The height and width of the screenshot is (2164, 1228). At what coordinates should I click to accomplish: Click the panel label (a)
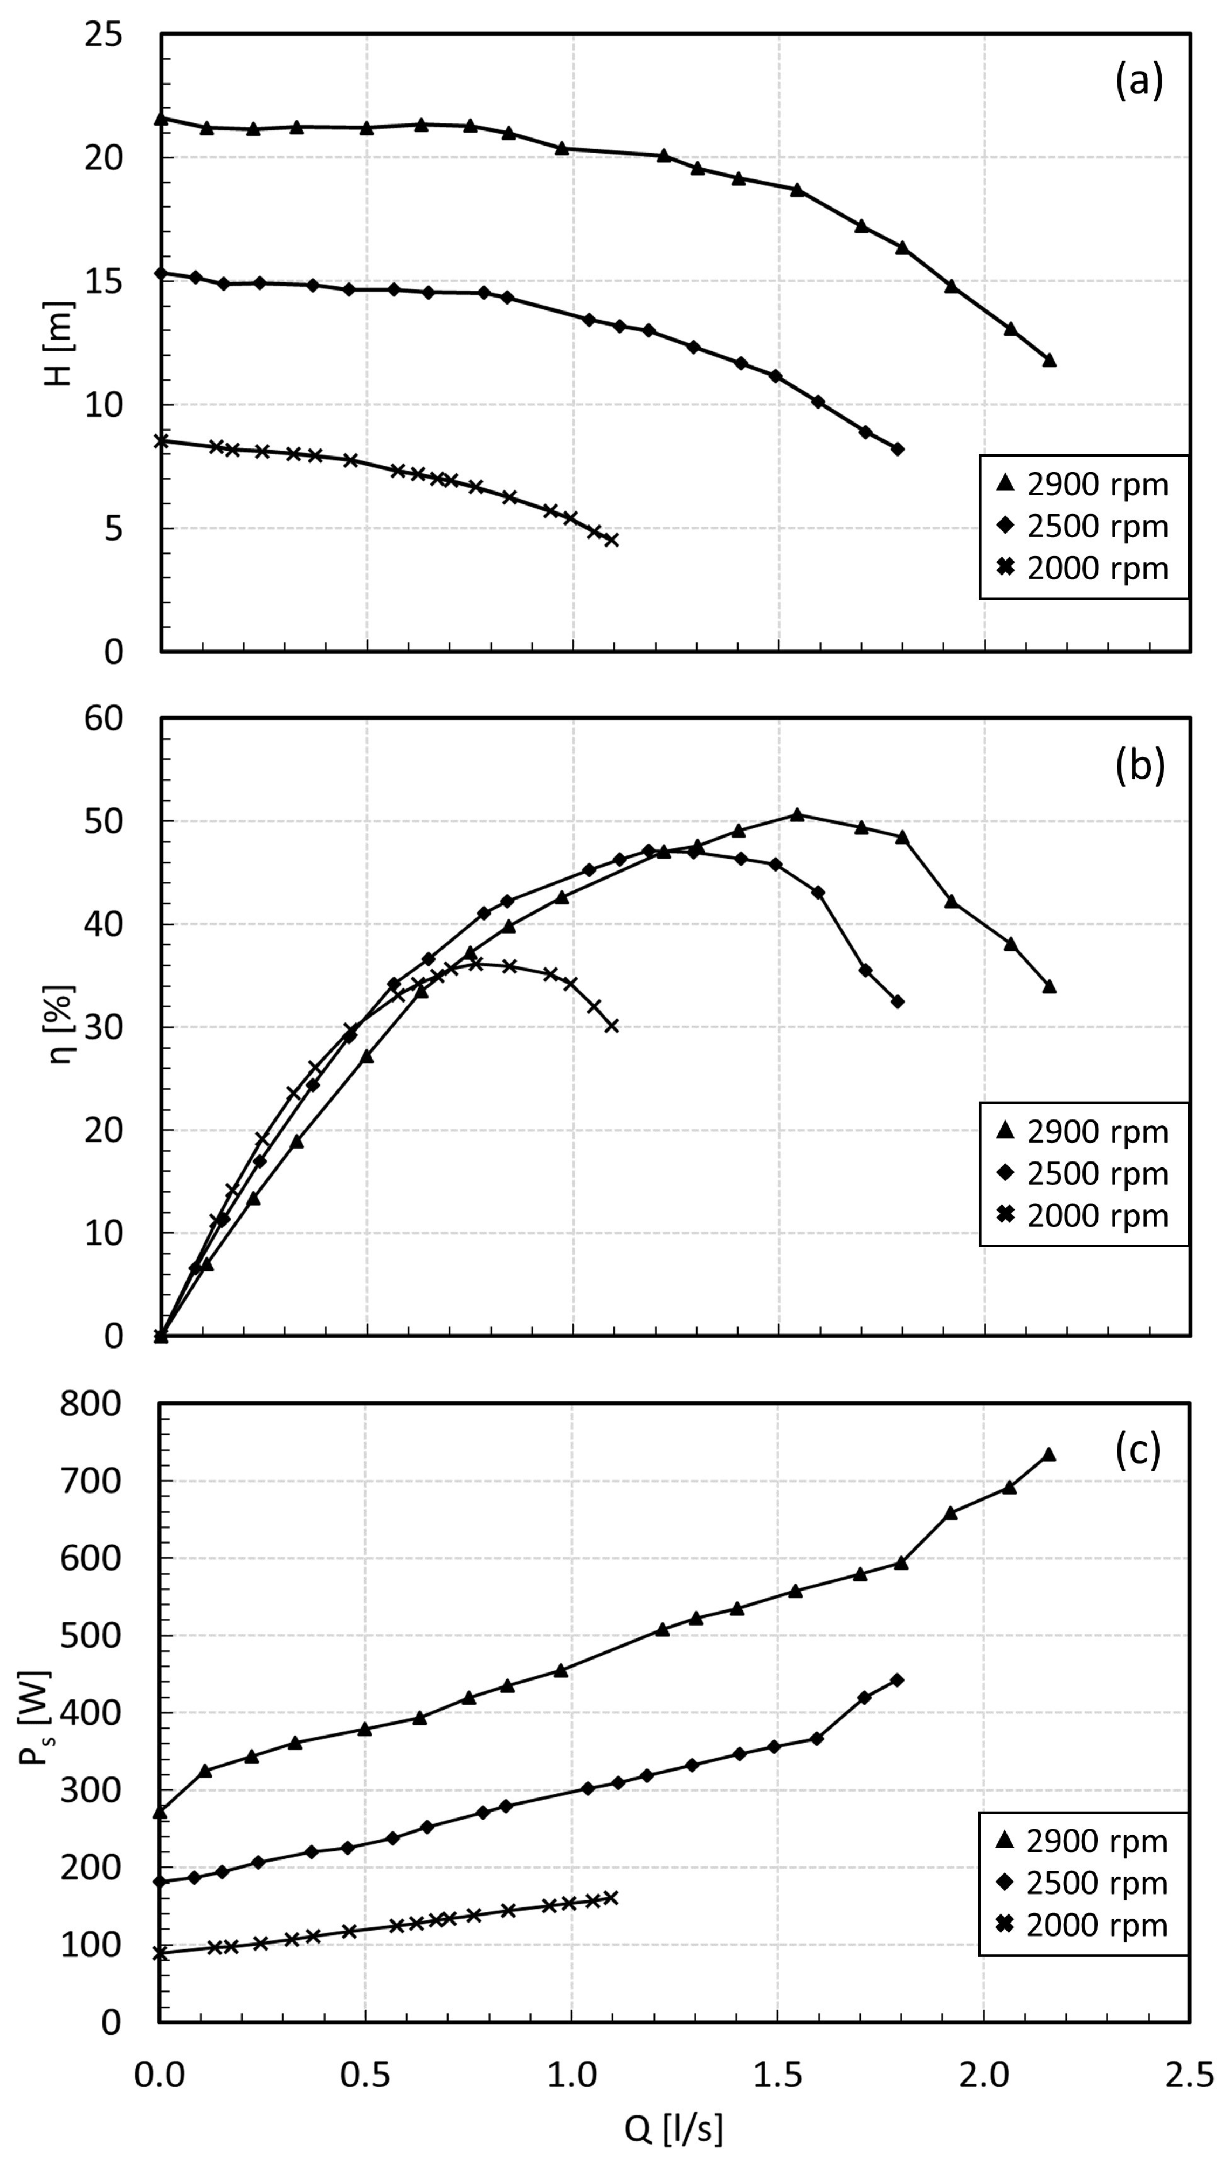(1139, 82)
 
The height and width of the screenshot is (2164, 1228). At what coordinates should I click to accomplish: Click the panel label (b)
(1140, 765)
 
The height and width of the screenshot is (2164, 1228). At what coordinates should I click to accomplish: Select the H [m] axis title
(60, 343)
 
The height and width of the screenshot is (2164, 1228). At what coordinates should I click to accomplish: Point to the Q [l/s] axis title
(673, 2130)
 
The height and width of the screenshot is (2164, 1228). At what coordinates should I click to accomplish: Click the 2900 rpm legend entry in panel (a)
(1083, 485)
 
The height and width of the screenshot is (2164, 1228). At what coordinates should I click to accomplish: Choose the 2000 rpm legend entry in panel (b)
(1083, 1215)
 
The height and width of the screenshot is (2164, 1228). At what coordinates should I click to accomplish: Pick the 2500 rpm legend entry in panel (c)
(1083, 1883)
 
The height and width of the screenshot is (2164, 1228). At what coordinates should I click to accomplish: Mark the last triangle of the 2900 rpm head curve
(1049, 361)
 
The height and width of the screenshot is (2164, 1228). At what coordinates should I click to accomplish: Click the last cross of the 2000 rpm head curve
(611, 540)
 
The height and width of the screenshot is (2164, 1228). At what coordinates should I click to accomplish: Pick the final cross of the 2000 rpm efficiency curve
(611, 1026)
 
